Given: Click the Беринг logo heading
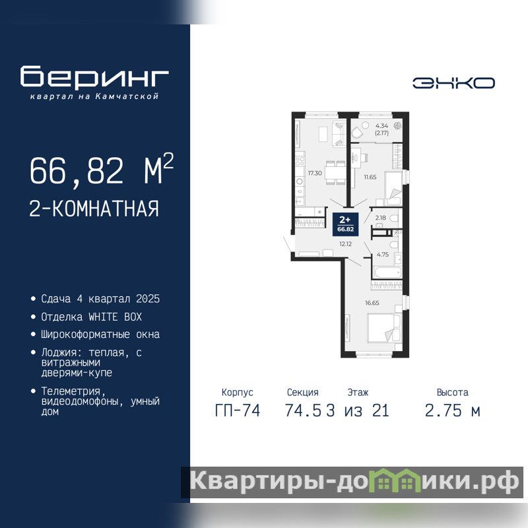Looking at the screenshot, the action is (94, 77).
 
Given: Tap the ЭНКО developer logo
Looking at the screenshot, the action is (453, 83).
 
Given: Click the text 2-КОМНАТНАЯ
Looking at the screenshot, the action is (94, 209).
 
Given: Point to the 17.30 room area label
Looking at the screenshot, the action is (315, 173).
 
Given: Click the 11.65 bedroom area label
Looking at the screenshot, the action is (370, 177).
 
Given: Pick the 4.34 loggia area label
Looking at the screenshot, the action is (381, 125).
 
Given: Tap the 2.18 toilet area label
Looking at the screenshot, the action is (381, 218).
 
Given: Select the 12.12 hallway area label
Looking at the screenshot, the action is (345, 244).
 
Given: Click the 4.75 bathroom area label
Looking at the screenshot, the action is (383, 255).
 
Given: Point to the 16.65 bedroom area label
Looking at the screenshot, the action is (372, 303).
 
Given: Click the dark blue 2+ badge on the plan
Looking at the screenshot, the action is (345, 224).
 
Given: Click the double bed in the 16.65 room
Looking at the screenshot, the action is (385, 328).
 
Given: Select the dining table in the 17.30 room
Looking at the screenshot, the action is (335, 173).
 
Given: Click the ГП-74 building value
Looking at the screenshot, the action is (238, 411).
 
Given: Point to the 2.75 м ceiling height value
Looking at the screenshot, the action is (452, 411).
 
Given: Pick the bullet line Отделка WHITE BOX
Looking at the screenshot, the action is (91, 317).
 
